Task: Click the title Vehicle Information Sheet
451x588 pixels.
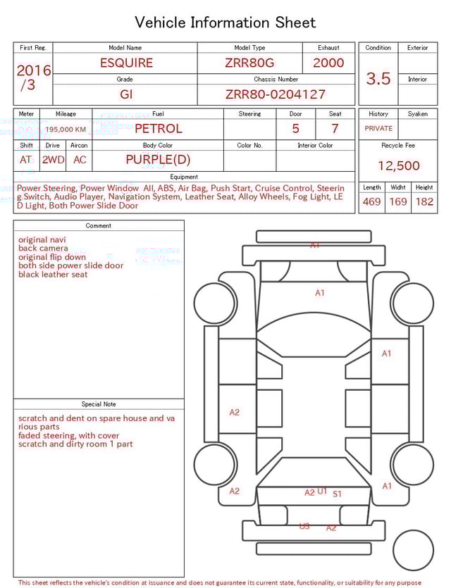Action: [225, 23]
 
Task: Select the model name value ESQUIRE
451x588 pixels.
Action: [126, 63]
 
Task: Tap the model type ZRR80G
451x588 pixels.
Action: [249, 63]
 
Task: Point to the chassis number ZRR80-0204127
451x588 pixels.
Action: [276, 94]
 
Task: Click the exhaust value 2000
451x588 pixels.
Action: [328, 63]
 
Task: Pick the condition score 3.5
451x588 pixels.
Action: [378, 78]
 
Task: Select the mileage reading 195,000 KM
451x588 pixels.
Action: [66, 130]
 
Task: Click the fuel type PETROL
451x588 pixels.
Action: [158, 129]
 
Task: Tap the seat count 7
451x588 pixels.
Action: [335, 129]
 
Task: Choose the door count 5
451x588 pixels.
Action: [295, 129]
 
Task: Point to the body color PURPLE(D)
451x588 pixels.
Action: [158, 160]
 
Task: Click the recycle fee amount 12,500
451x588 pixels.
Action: [398, 166]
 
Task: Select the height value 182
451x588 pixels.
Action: [424, 202]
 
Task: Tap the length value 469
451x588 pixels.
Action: [371, 202]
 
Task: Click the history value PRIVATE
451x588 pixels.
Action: [378, 129]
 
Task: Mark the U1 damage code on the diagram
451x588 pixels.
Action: [322, 491]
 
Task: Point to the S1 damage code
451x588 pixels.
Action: [338, 494]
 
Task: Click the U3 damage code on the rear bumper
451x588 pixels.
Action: [304, 526]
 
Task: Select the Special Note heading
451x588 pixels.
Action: [99, 404]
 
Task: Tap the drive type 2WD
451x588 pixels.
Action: [53, 160]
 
